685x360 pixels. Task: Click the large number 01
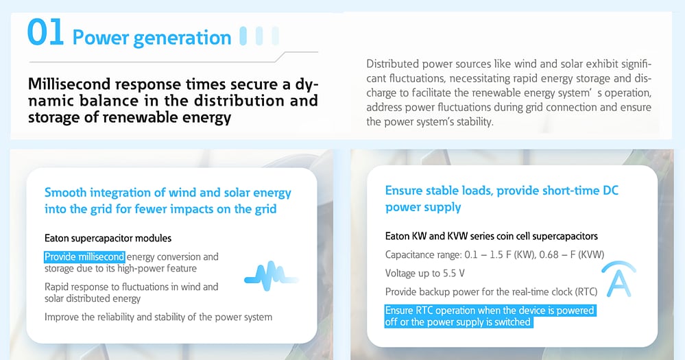46,34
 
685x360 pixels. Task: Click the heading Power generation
152,37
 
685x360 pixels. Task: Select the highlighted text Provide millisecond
84,256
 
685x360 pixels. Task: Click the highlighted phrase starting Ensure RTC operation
490,316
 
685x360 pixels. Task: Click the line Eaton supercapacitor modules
108,238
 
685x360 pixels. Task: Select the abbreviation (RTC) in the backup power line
584,292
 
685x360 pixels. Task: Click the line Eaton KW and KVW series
491,236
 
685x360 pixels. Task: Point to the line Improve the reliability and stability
158,317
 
